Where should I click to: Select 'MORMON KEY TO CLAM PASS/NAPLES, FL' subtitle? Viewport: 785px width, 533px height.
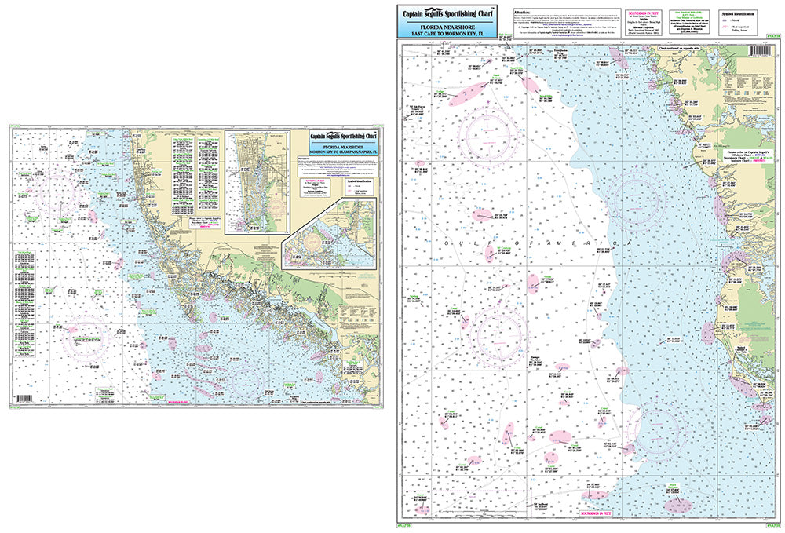click(343, 149)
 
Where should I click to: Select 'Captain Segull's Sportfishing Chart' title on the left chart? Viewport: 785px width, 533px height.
click(343, 134)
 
